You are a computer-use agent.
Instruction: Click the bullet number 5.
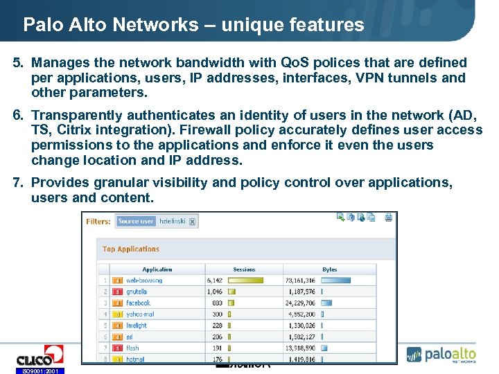(18, 63)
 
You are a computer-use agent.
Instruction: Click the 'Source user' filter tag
(136, 222)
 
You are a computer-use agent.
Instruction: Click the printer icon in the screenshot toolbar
(389, 217)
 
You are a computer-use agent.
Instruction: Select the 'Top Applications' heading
(131, 249)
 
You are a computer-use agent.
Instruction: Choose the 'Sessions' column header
(244, 269)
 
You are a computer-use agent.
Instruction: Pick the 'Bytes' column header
(330, 269)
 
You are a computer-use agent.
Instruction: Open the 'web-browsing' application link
(144, 280)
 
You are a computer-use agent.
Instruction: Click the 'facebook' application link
(138, 303)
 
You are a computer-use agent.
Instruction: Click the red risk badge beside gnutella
(118, 292)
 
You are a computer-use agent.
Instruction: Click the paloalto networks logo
(441, 354)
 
